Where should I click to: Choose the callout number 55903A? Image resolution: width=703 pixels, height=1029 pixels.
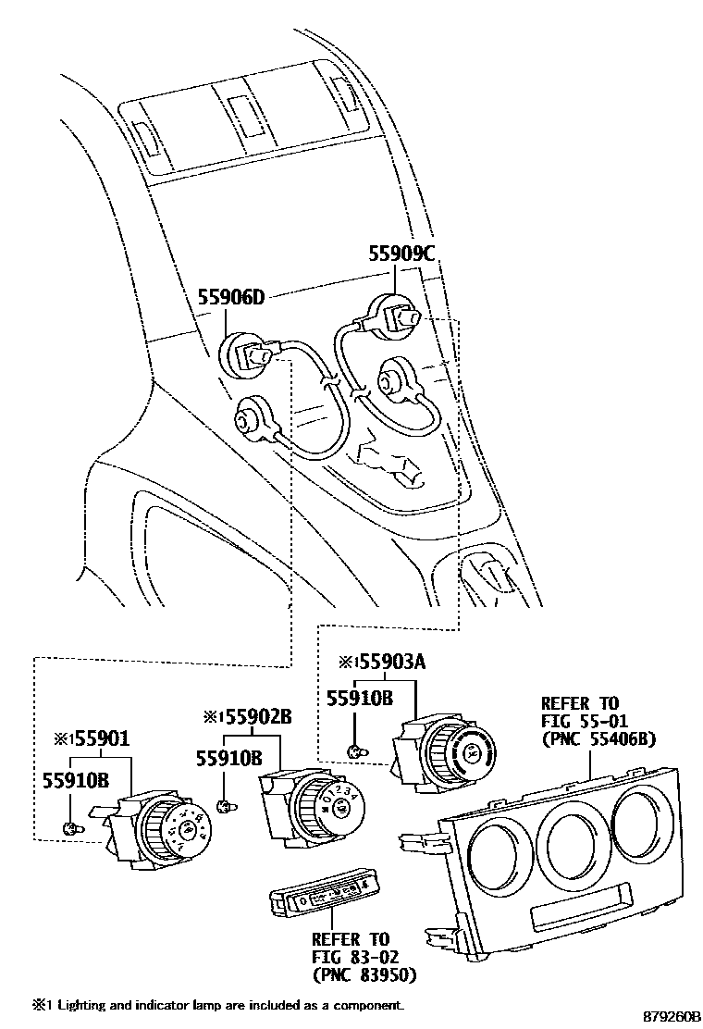388,663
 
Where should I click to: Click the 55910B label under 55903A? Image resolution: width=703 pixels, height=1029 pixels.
360,700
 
